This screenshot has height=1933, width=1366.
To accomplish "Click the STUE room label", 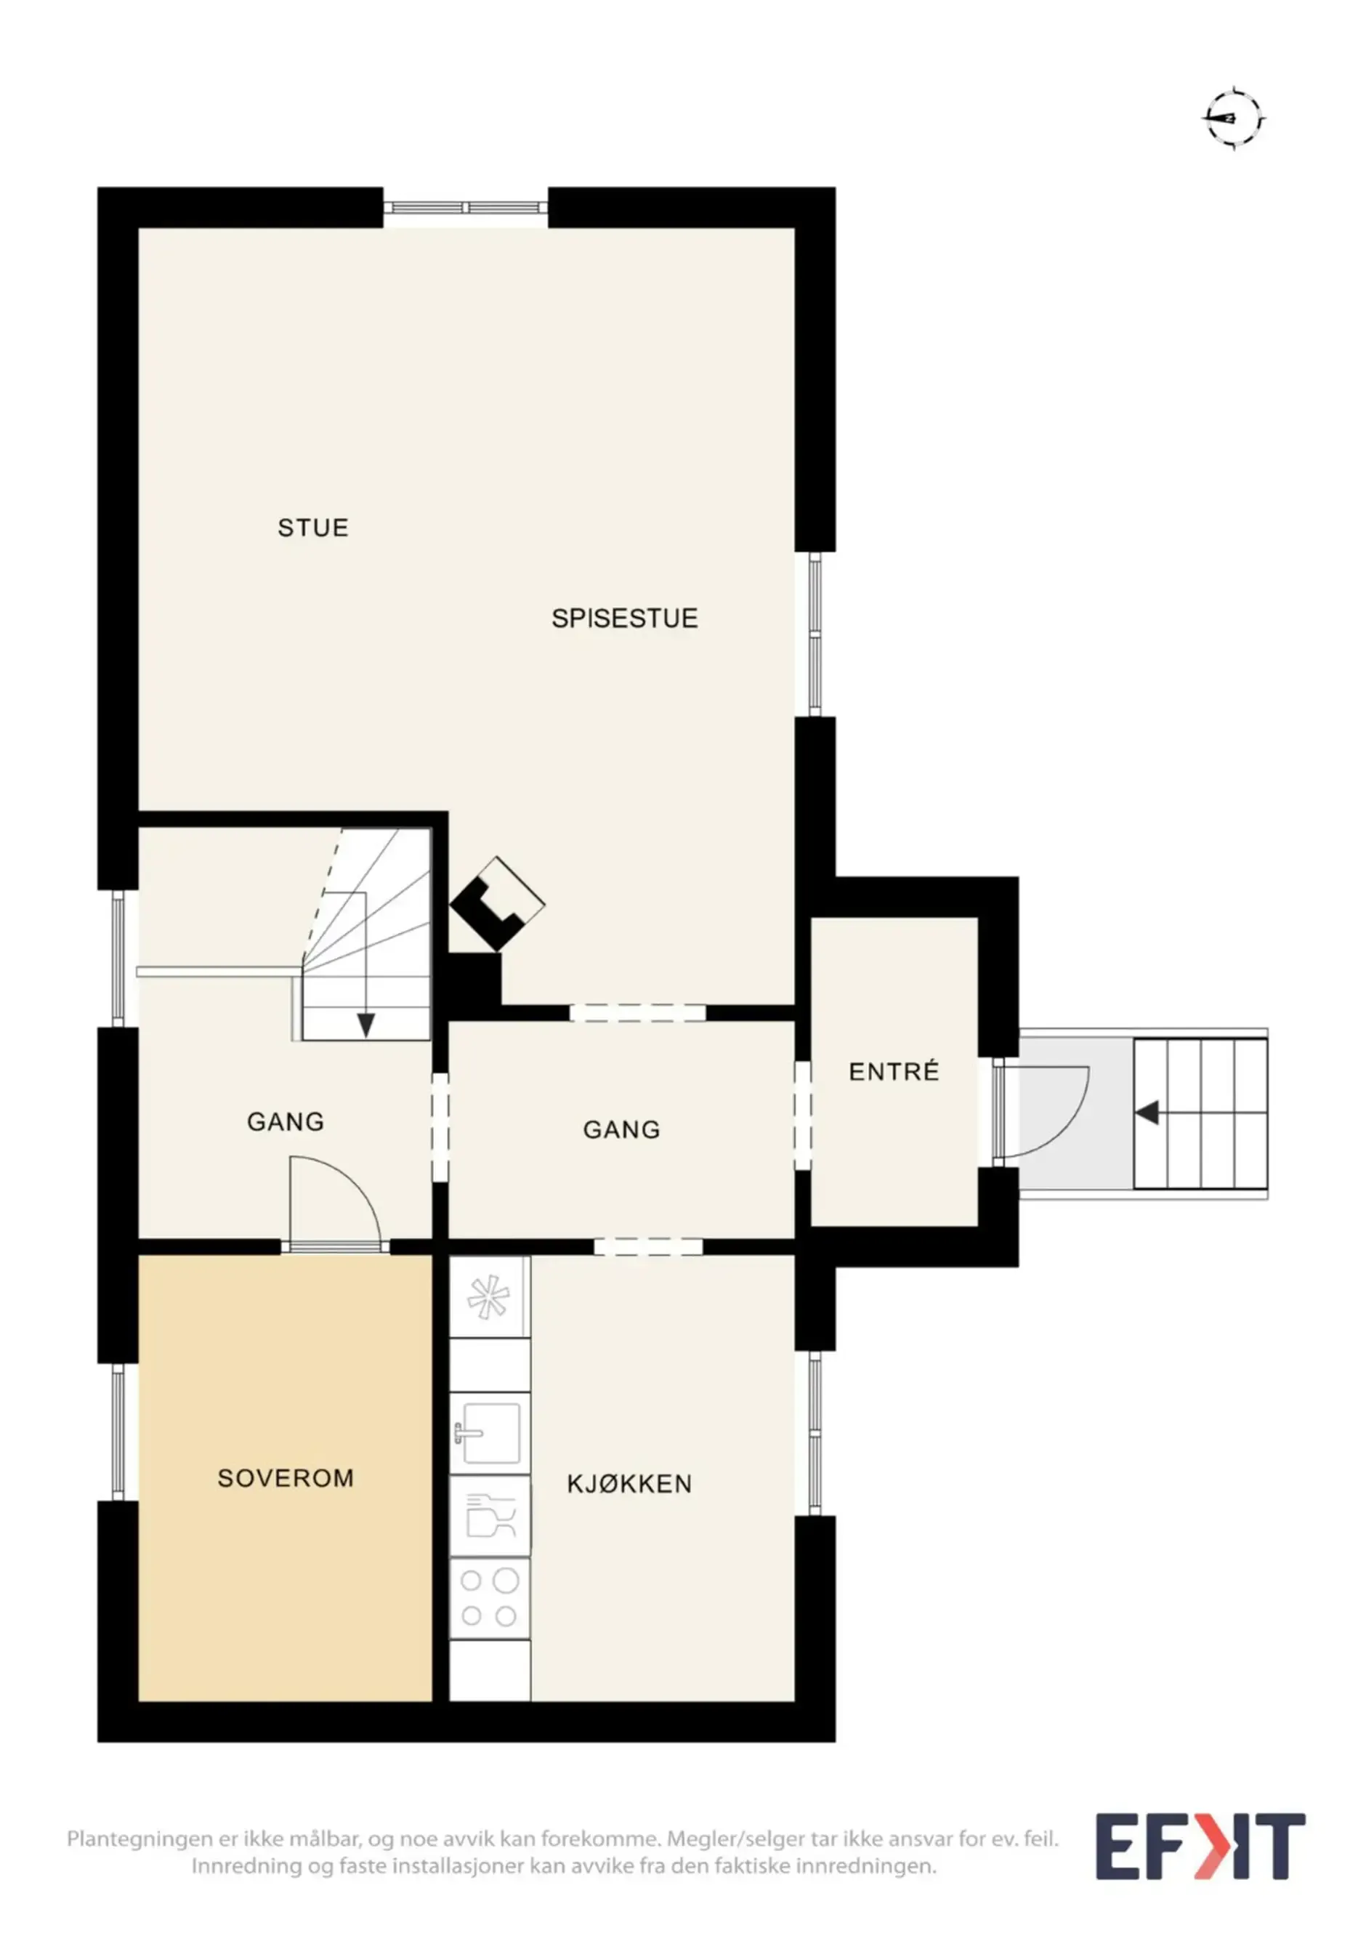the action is [313, 528].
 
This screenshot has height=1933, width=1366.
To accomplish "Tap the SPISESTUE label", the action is [624, 619].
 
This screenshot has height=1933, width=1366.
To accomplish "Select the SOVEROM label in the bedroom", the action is [286, 1478].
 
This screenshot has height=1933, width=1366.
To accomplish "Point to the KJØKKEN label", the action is [629, 1483].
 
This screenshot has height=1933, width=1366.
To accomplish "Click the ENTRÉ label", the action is [894, 1072].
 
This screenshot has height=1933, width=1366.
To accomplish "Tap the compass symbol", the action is [1234, 118].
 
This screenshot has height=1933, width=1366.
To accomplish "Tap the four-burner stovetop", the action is [490, 1598].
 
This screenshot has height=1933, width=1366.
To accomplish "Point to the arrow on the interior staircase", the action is [365, 965].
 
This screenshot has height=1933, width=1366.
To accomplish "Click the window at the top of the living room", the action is [466, 207].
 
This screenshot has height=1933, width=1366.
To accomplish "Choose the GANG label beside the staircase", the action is [286, 1121].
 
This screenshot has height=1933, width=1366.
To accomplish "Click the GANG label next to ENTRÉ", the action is [621, 1130].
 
